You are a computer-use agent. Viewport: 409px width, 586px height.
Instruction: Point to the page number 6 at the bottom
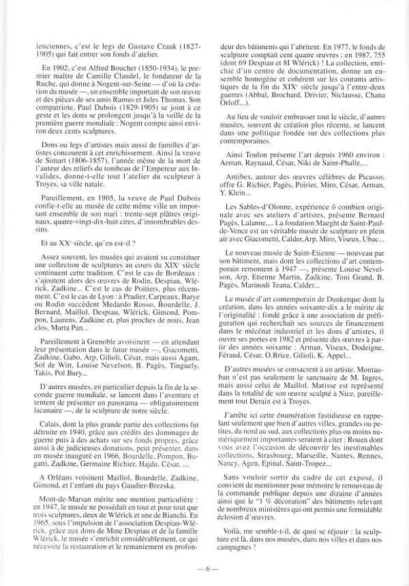pos(204,566)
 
